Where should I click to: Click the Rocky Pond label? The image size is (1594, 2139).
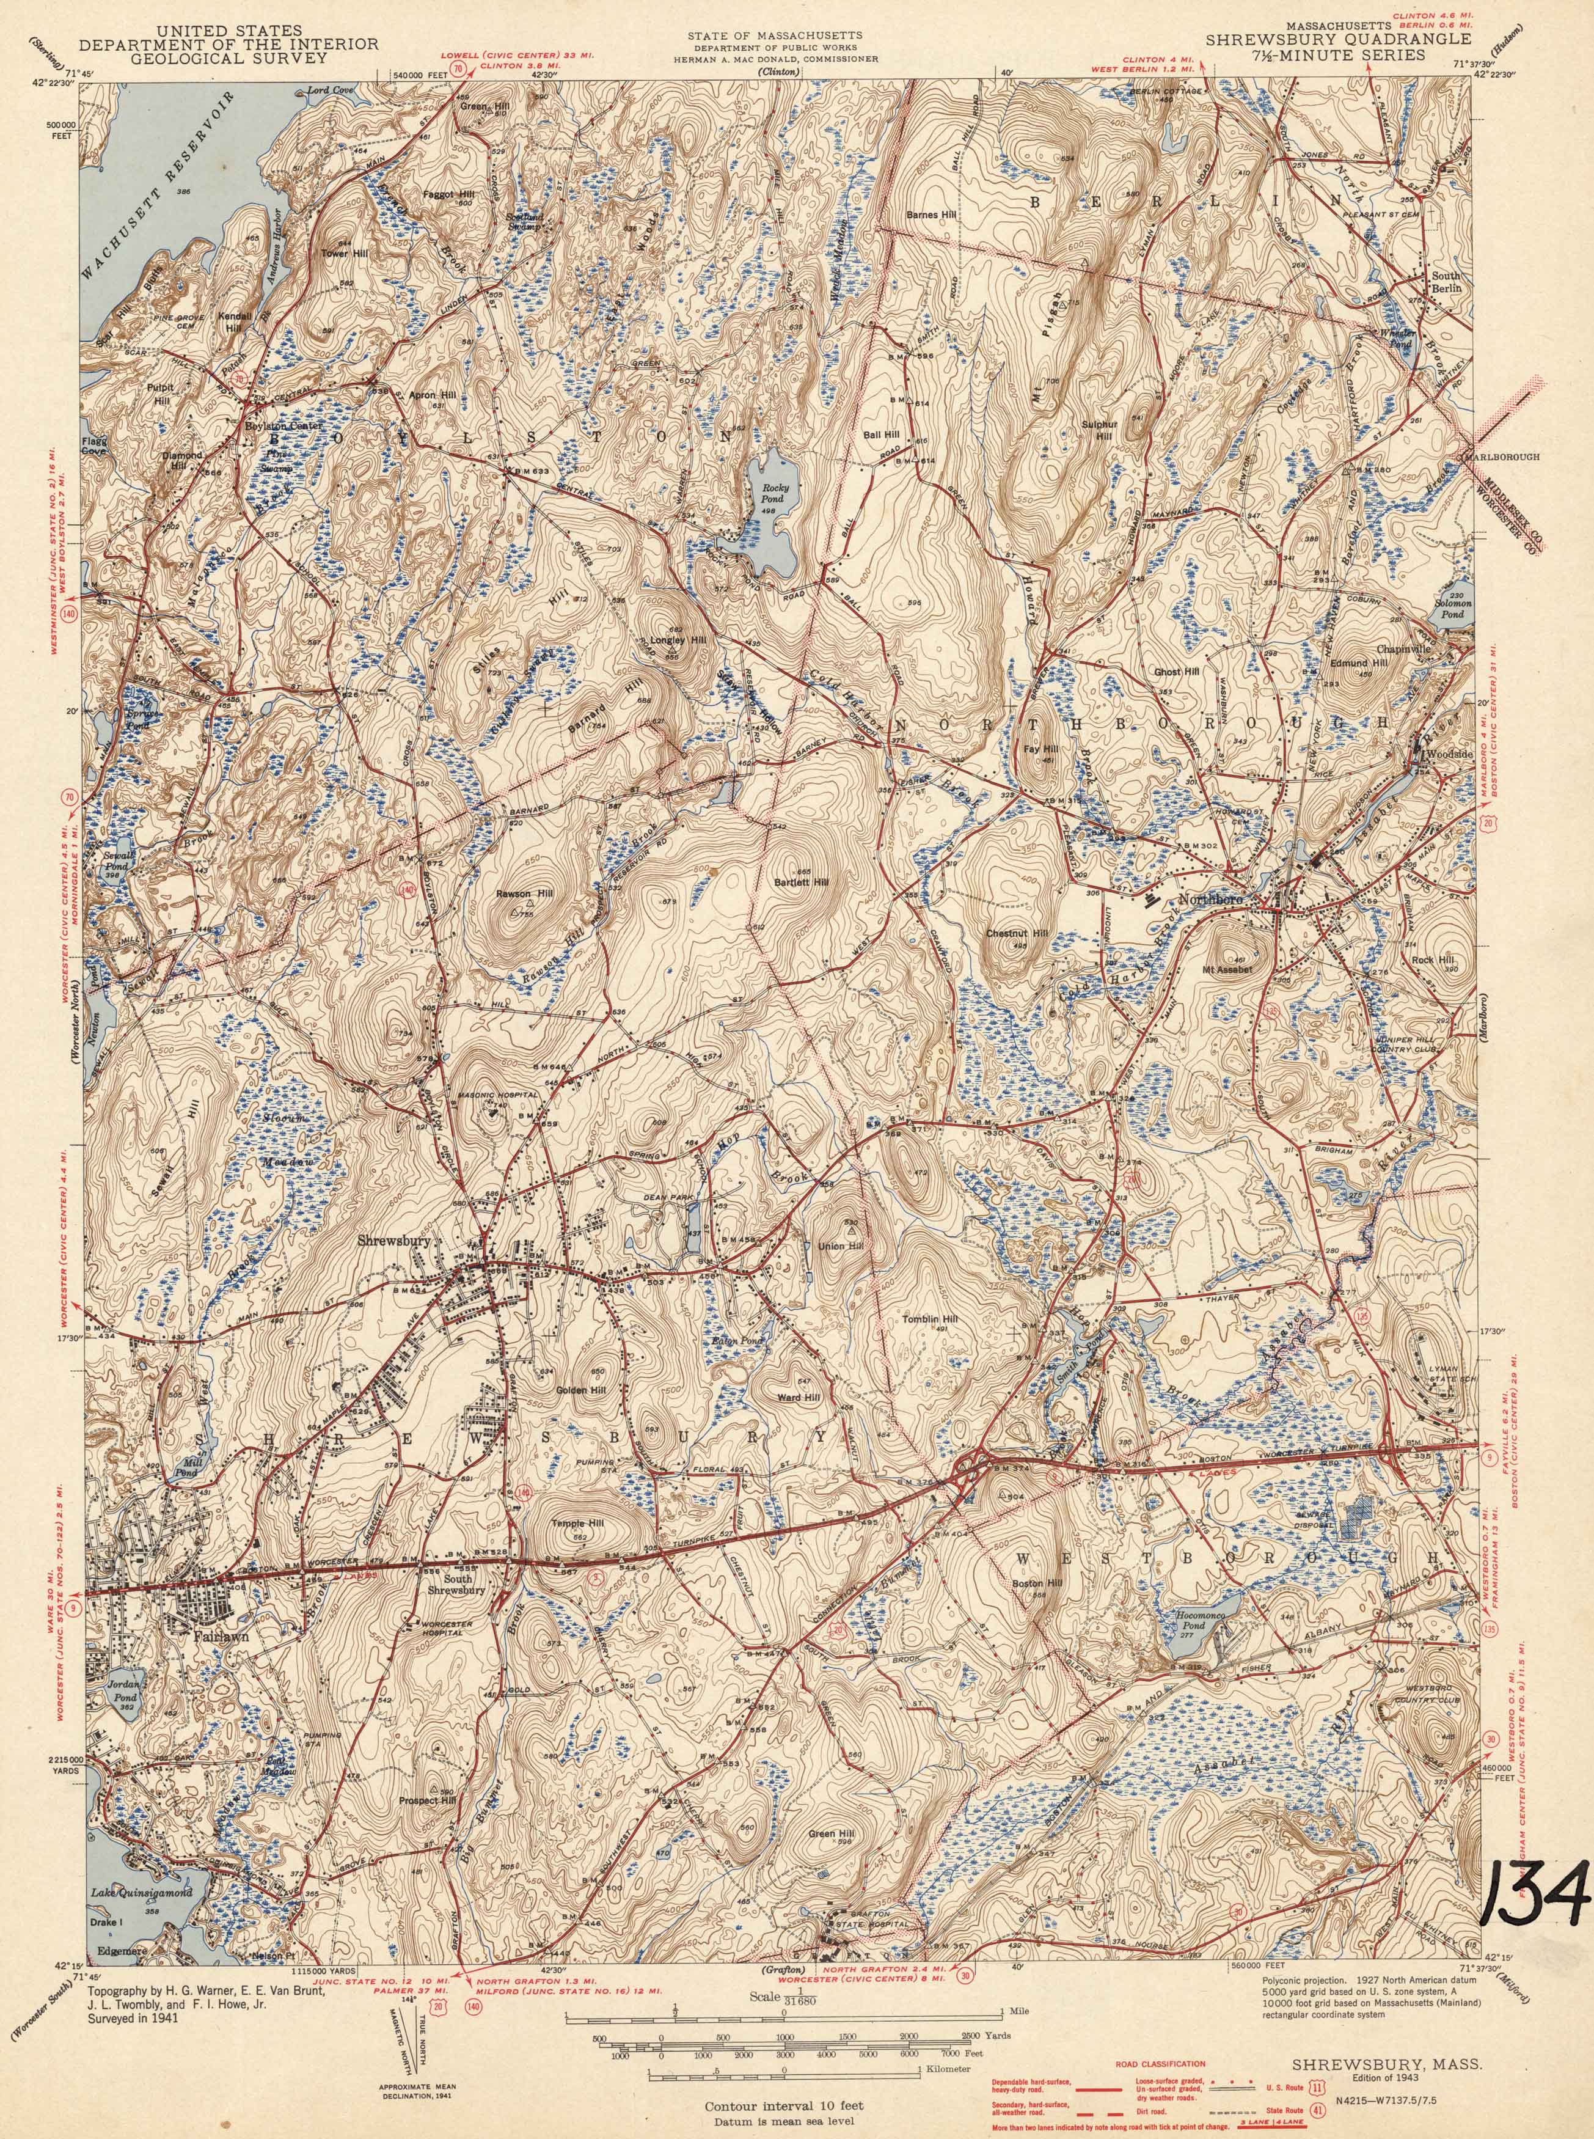pyautogui.click(x=775, y=493)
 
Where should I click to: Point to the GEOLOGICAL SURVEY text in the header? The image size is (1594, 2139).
pyautogui.click(x=203, y=57)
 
